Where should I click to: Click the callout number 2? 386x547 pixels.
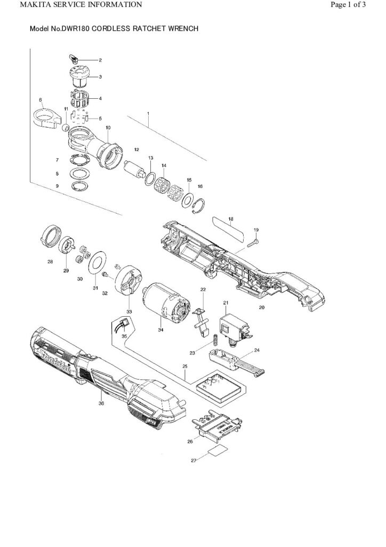(100, 60)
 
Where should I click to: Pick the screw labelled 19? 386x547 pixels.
(252, 241)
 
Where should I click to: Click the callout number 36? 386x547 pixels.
(101, 403)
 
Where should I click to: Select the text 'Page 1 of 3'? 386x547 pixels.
(348, 5)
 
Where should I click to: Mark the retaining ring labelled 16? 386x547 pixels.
(199, 205)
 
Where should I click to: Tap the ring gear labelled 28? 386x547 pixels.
(50, 236)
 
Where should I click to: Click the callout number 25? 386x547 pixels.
(184, 367)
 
